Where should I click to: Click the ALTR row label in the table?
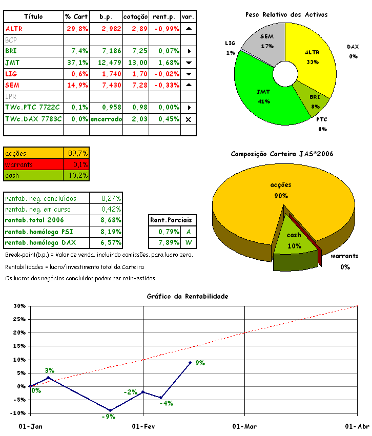click(14, 29)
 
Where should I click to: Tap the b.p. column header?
click(106, 17)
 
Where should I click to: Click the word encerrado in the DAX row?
click(106, 119)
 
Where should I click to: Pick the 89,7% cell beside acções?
click(78, 153)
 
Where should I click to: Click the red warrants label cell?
click(33, 164)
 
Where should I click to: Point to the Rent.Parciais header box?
click(172, 220)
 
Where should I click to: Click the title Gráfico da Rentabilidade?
click(187, 296)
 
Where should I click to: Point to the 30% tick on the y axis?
click(19, 306)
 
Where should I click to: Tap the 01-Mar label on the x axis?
click(244, 426)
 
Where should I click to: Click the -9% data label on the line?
click(108, 417)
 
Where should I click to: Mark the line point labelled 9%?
click(190, 363)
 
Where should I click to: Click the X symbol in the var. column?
click(188, 119)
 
